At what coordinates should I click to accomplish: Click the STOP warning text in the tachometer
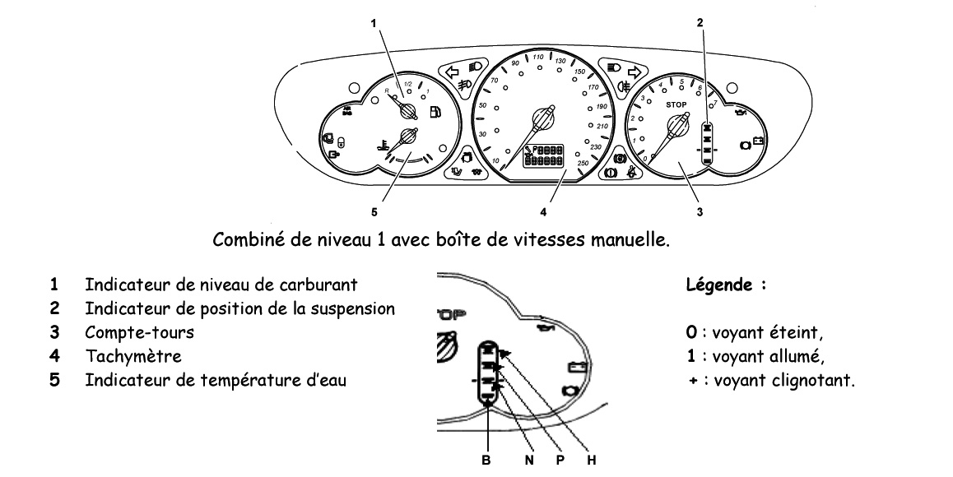click(x=676, y=105)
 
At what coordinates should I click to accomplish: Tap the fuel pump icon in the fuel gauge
click(x=435, y=111)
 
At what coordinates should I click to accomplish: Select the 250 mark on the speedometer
click(x=583, y=164)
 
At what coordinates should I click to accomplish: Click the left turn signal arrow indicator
click(x=451, y=71)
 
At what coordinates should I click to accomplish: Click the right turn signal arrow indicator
click(x=634, y=71)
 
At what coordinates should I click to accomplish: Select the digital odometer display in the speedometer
click(x=544, y=156)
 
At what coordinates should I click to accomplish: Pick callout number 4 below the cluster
click(x=543, y=212)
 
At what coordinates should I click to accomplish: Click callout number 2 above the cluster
click(x=700, y=23)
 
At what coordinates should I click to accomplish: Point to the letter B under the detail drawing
click(x=486, y=460)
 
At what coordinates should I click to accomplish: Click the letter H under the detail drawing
click(x=591, y=460)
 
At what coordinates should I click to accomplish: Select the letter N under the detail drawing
click(x=529, y=460)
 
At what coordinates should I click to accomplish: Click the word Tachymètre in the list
click(x=121, y=357)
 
